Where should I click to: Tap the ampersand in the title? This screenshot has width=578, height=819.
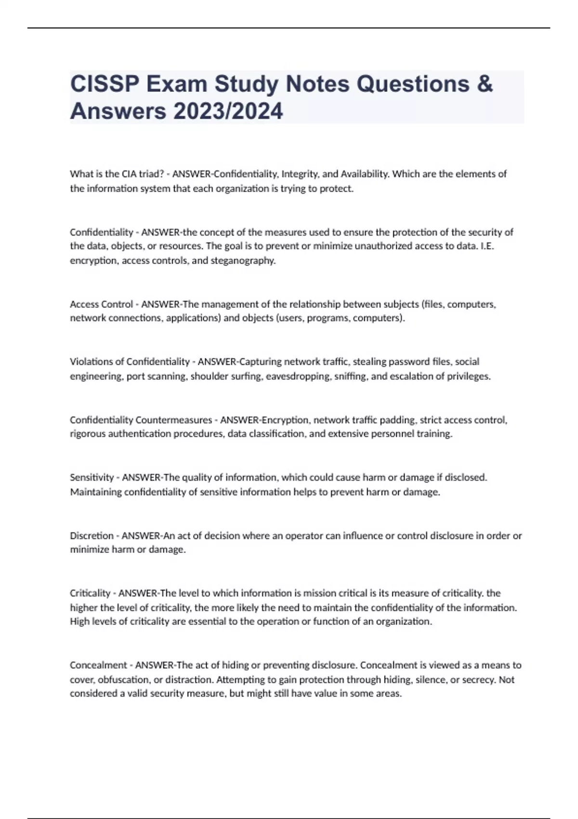click(485, 84)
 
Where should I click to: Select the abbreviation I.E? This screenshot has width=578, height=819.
click(487, 246)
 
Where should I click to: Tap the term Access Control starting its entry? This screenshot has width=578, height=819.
click(101, 304)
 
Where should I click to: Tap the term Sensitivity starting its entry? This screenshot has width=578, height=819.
click(92, 477)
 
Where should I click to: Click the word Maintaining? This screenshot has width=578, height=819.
click(96, 492)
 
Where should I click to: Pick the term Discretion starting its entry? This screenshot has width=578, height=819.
click(92, 536)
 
